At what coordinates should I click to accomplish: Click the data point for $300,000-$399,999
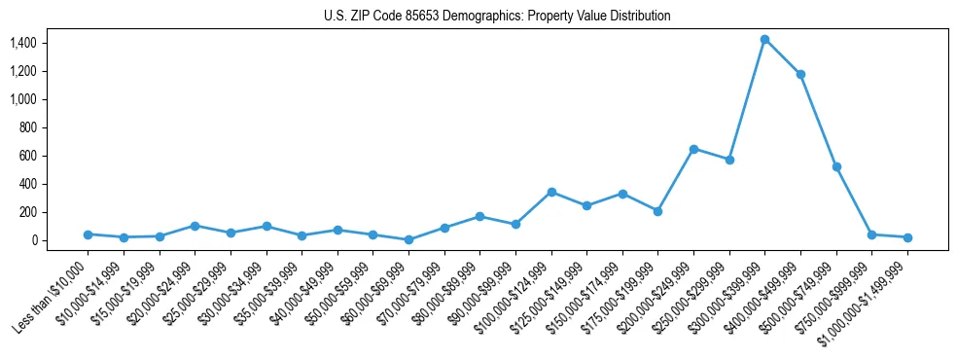coord(764,39)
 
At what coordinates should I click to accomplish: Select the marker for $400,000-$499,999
coord(800,74)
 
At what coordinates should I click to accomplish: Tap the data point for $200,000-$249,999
coord(693,149)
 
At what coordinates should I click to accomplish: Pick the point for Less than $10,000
coord(88,234)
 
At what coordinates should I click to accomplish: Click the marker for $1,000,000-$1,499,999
coord(907,237)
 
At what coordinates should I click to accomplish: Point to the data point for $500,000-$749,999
coord(836,166)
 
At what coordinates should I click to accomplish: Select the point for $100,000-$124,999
coord(551,192)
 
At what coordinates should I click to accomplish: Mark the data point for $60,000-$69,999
coord(408,239)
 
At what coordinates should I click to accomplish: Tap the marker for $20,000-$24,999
coord(195,226)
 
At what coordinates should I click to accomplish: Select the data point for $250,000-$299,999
coord(729,160)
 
